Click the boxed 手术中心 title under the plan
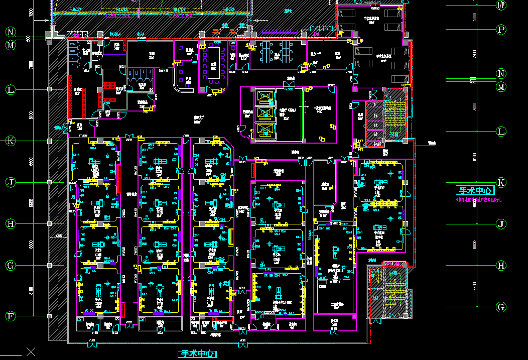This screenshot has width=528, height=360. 198,354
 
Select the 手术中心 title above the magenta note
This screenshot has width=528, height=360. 475,191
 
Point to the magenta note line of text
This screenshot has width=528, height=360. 478,200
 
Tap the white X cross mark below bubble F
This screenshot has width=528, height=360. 31,351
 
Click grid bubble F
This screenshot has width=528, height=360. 11,316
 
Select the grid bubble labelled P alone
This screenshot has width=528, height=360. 501,30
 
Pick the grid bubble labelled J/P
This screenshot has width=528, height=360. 501,5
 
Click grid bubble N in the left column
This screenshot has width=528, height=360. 11,32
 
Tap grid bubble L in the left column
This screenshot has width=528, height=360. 11,90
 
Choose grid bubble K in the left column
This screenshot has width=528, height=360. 11,141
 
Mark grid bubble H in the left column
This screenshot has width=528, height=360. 11,224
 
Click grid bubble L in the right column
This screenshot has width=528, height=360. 501,132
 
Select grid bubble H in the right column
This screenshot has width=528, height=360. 501,266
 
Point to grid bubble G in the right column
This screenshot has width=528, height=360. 501,307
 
